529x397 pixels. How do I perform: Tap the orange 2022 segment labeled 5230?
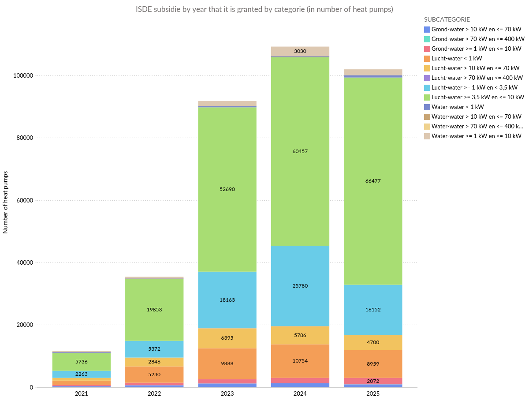click(x=154, y=375)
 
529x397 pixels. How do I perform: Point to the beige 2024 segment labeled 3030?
click(x=300, y=51)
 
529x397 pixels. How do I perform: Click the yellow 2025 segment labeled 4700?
click(x=373, y=342)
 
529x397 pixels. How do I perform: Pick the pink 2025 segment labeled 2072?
click(x=373, y=381)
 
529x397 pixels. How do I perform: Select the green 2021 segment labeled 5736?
click(x=82, y=362)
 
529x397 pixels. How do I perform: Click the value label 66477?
click(x=373, y=181)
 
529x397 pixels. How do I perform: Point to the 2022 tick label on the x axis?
click(x=154, y=393)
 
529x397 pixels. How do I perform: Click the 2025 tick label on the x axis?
click(x=373, y=393)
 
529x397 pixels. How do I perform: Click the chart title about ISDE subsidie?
click(x=264, y=9)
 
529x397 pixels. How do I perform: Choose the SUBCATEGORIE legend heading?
click(x=447, y=19)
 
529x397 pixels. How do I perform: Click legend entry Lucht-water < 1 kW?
click(x=457, y=58)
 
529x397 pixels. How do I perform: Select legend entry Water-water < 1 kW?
click(x=458, y=107)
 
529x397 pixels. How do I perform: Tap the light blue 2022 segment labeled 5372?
click(x=154, y=349)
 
